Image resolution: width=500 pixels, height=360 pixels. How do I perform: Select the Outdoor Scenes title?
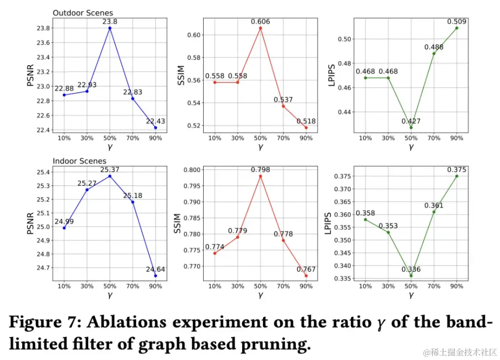pos(82,13)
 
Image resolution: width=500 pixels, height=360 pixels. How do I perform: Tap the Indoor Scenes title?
pos(79,161)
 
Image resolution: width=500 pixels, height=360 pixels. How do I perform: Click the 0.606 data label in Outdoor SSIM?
pos(260,21)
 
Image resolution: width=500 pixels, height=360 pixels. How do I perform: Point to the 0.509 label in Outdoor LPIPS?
pos(456,21)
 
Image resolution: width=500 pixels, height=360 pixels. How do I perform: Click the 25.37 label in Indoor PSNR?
pos(110,170)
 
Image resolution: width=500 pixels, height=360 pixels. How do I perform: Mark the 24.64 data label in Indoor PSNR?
pos(156,269)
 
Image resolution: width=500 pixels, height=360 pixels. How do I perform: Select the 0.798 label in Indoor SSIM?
pos(260,170)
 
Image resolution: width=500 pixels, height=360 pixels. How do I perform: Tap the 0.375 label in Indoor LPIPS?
pos(456,170)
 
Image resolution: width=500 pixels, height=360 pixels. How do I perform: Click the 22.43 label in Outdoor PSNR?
pos(156,121)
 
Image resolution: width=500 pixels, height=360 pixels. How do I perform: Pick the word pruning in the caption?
pos(273,344)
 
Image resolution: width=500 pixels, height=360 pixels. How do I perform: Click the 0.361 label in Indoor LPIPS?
pos(434,205)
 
